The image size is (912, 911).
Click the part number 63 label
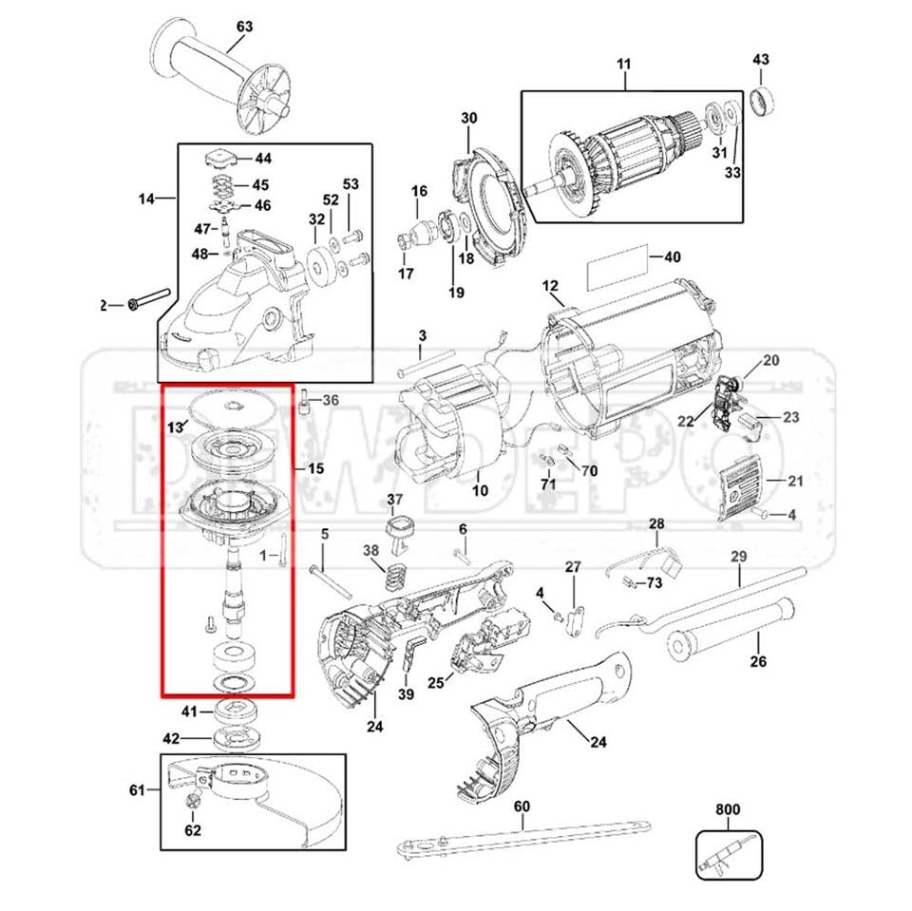pyautogui.click(x=244, y=27)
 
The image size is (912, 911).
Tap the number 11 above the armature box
pyautogui.click(x=623, y=65)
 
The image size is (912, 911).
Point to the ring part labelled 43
pyautogui.click(x=762, y=99)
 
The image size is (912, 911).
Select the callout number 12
pyautogui.click(x=550, y=286)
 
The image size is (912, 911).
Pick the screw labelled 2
pyautogui.click(x=147, y=300)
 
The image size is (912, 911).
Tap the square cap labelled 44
pyautogui.click(x=218, y=156)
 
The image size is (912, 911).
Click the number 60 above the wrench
pyautogui.click(x=522, y=807)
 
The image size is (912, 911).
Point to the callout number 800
pyautogui.click(x=727, y=810)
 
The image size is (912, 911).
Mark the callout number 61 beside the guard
pyautogui.click(x=138, y=789)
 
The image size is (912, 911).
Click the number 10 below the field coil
pyautogui.click(x=480, y=490)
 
